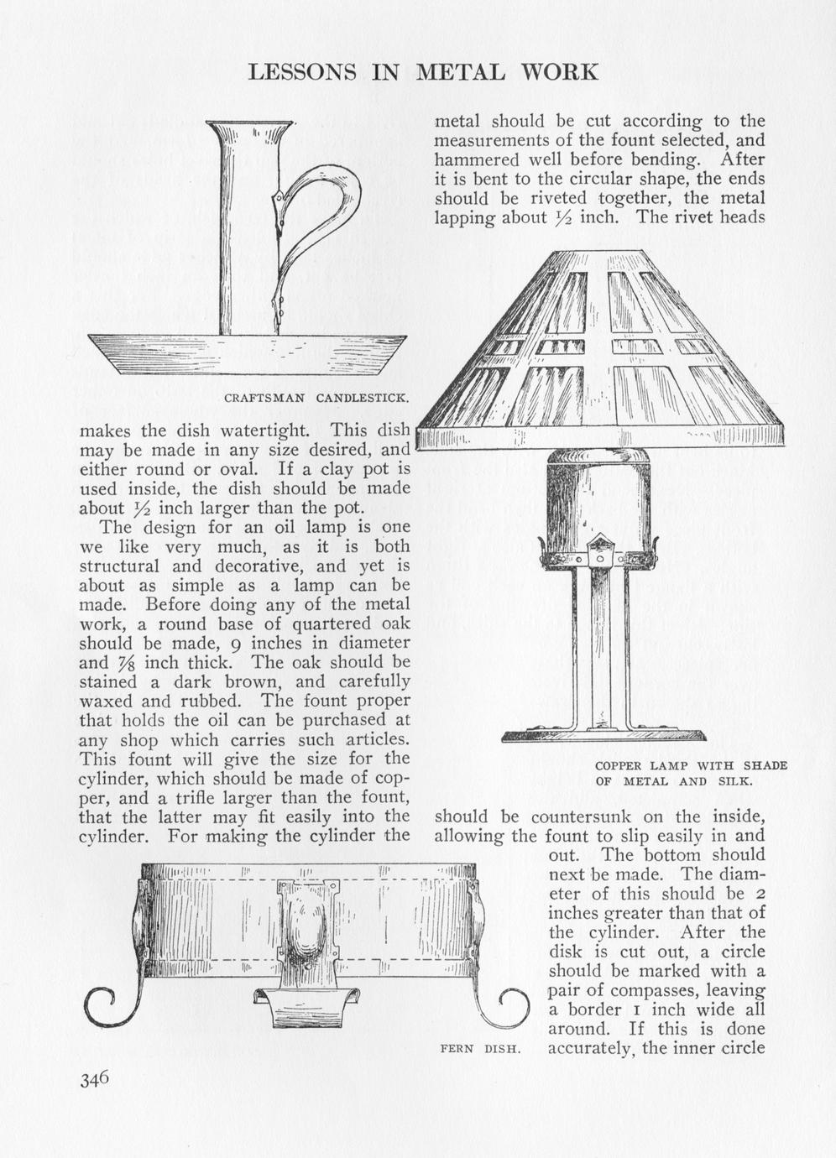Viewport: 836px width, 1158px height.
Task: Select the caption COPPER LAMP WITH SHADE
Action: click(x=691, y=765)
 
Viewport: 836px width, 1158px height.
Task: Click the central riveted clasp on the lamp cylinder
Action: click(x=599, y=550)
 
